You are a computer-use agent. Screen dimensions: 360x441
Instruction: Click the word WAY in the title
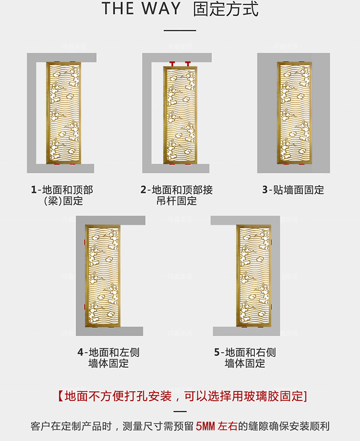[x=161, y=9]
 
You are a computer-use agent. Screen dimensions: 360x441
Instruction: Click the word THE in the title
[x=118, y=9]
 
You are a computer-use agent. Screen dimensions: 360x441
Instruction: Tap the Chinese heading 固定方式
[x=226, y=9]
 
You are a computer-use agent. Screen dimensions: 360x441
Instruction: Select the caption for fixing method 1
[x=62, y=195]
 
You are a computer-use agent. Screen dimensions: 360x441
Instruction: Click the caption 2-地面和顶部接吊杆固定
[x=177, y=195]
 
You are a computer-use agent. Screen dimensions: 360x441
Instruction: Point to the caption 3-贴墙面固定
[x=293, y=190]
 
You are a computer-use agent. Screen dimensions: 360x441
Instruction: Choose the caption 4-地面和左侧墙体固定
[x=108, y=358]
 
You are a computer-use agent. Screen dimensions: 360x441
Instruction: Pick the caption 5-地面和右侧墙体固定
[x=245, y=358]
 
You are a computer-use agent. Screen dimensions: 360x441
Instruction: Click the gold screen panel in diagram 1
[x=63, y=113]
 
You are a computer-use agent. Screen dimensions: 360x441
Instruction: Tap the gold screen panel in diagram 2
[x=180, y=115]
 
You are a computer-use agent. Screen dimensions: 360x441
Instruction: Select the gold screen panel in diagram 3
[x=294, y=113]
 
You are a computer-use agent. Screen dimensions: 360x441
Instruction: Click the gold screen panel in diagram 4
[x=103, y=276]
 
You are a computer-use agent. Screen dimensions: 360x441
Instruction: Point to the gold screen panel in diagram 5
[x=254, y=276]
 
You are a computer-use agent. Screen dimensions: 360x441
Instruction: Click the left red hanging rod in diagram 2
[x=172, y=64]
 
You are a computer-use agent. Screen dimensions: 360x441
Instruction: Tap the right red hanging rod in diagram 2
[x=188, y=64]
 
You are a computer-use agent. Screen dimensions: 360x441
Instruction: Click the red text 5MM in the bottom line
[x=205, y=426]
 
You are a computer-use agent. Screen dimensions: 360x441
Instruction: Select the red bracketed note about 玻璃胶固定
[x=182, y=396]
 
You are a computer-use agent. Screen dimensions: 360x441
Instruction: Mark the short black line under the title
[x=180, y=30]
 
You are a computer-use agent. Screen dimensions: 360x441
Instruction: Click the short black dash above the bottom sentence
[x=180, y=411]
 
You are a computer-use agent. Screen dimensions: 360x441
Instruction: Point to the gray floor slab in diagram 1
[x=65, y=168]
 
